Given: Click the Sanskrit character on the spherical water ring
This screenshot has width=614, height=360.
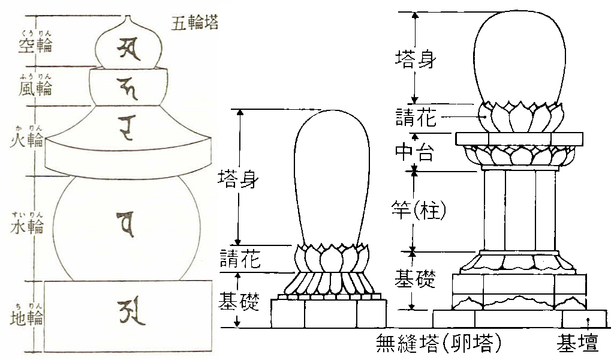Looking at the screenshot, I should [127, 221].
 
